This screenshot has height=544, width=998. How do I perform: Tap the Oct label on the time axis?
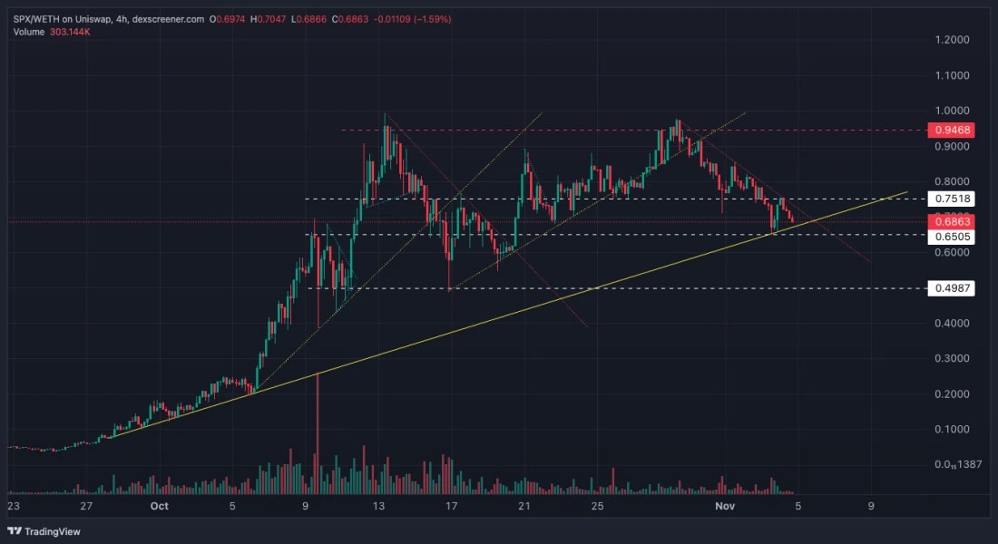pos(160,507)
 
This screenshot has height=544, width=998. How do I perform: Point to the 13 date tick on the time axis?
pos(379,507)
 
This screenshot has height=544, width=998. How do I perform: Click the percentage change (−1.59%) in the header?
pos(432,18)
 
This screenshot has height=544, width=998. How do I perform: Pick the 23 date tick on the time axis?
pos(13,507)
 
